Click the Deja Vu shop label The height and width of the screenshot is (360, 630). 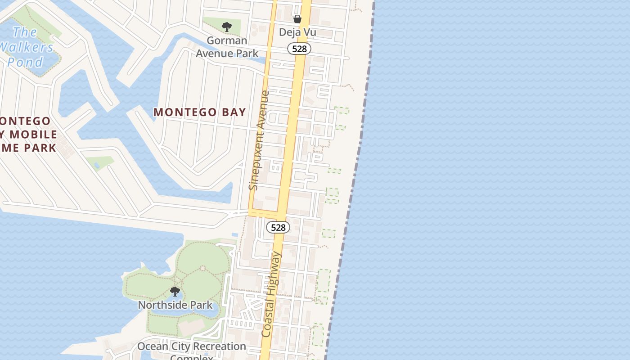pos(297,32)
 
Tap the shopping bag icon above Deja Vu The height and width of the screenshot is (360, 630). pos(297,18)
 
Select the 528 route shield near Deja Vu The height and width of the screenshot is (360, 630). pos(299,49)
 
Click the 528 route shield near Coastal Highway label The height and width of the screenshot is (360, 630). pos(278,227)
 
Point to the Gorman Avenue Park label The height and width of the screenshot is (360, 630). pos(227,47)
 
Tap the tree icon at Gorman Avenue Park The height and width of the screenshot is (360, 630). pos(227,27)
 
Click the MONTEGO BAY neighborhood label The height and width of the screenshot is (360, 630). pos(200,112)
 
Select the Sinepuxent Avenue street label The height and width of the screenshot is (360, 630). pos(259,140)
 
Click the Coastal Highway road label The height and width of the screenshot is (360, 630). pos(272,295)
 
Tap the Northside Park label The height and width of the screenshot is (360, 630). pos(175,305)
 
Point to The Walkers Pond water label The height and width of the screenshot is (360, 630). pos(26,47)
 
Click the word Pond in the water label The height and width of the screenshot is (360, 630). pos(25,62)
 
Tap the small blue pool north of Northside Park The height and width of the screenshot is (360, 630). pos(234,235)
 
